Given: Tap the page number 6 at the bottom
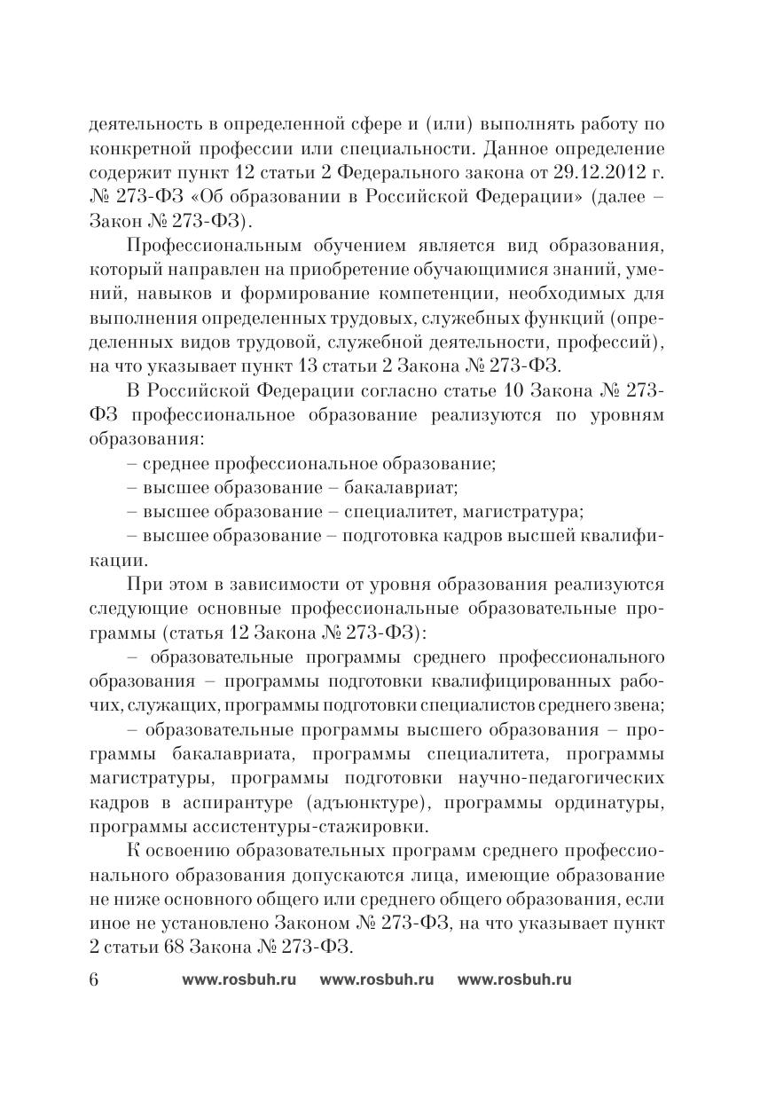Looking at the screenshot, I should pos(95,979).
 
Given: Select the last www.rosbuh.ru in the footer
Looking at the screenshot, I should pos(514,979).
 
